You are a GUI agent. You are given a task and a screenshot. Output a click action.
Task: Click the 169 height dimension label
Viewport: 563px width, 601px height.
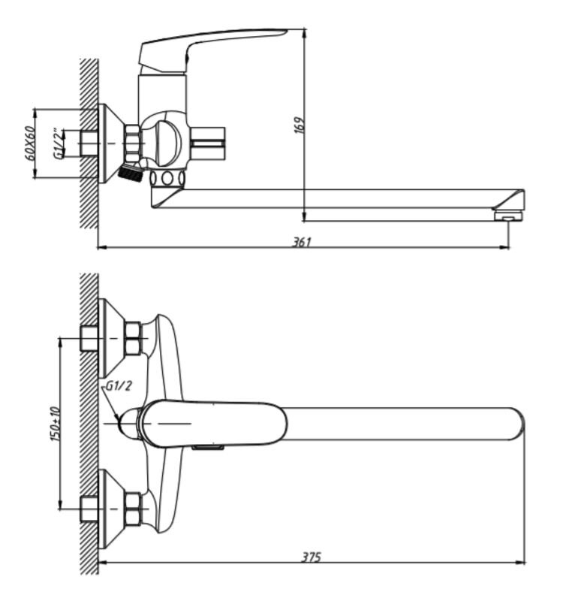coord(300,125)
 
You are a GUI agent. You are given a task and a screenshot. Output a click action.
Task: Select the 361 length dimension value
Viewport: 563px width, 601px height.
coord(303,242)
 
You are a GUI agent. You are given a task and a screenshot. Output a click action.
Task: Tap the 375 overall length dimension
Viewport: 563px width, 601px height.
coord(311,557)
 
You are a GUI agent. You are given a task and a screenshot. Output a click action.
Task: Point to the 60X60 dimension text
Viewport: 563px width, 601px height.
coord(29,143)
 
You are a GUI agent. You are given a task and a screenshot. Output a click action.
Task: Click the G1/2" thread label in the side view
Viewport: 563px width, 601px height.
coord(59,143)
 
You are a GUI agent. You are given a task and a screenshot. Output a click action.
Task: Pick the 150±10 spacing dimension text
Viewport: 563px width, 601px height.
coord(55,424)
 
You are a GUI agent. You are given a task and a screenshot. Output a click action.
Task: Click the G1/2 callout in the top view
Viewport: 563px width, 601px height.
coord(119,385)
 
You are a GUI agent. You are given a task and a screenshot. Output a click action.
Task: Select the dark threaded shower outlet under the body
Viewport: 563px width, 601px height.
coord(129,174)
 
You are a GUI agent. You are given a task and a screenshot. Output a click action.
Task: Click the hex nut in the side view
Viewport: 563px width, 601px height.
coord(133,143)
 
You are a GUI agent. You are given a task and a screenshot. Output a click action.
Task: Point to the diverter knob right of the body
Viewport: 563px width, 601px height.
coord(206,143)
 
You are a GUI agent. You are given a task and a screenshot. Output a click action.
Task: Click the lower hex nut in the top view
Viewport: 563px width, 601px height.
coord(133,509)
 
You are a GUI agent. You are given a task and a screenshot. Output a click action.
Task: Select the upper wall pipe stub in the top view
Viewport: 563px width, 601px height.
coord(89,339)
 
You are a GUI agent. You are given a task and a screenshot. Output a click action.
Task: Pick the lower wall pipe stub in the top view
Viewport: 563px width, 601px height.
coord(89,509)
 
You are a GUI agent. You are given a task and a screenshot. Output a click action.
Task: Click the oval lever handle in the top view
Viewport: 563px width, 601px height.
coord(212,424)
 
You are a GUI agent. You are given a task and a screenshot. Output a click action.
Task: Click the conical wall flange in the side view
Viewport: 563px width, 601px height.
coord(112,143)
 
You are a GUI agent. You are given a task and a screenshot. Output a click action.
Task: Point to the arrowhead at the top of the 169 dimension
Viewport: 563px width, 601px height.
coord(304,32)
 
